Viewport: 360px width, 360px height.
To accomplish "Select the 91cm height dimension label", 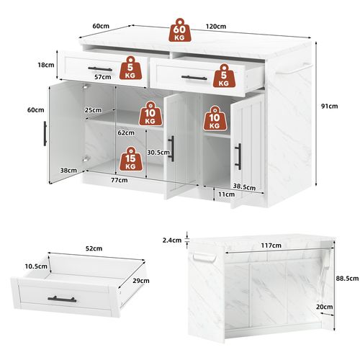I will point(329,107).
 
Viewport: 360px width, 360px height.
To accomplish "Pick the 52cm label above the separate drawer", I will point(94,248).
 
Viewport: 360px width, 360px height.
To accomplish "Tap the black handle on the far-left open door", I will point(45,132).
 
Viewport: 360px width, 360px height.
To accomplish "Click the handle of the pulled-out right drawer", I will point(194,77).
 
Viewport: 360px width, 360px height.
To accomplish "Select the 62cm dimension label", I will point(125,132).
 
